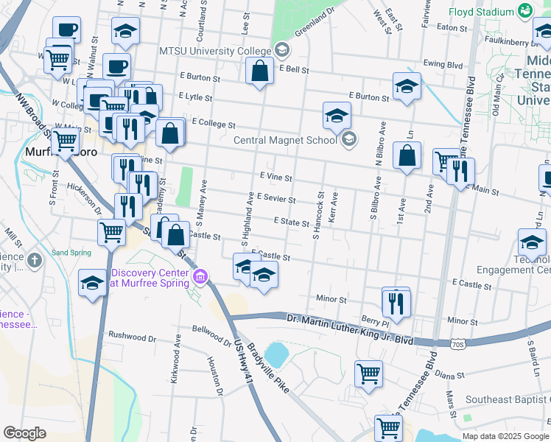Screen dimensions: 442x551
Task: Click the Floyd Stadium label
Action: [482, 12]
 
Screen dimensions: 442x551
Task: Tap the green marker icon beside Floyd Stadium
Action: [525, 10]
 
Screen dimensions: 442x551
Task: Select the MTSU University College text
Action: [216, 50]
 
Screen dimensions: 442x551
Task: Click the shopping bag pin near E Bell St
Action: [259, 72]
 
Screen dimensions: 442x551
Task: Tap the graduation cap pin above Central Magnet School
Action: [337, 116]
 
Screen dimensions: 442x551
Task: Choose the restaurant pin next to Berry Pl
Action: [396, 303]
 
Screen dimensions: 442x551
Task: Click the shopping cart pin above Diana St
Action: [368, 373]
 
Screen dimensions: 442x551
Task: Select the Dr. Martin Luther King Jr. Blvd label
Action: [350, 318]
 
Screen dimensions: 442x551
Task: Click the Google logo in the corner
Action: [25, 432]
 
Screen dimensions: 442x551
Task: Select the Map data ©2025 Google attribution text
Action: [505, 435]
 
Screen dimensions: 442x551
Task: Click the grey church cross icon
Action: [34, 260]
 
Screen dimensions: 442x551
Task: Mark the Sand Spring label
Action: [71, 252]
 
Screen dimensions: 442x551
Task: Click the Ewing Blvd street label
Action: [445, 65]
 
